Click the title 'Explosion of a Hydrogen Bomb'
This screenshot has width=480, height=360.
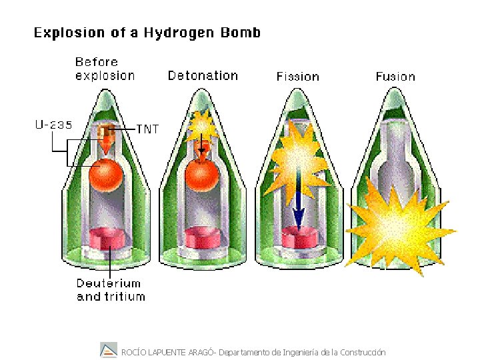click(147, 32)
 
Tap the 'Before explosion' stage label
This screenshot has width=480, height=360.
click(105, 69)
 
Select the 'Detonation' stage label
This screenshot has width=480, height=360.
click(203, 75)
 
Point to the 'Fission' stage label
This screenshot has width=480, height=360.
click(298, 77)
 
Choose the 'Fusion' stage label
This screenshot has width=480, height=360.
click(395, 77)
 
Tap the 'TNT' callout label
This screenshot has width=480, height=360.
click(147, 129)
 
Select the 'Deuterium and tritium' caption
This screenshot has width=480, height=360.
click(111, 289)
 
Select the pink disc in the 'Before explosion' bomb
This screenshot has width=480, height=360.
click(108, 238)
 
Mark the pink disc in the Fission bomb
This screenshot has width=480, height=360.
click(300, 239)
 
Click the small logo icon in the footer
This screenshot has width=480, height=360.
click(108, 349)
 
